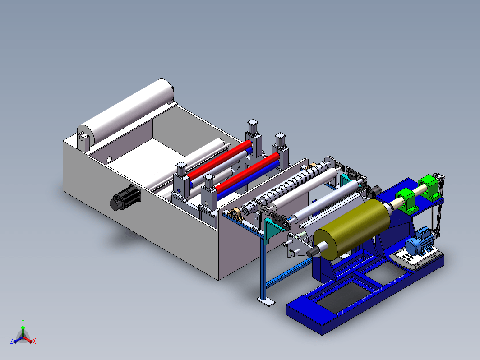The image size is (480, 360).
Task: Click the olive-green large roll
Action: click(352, 229)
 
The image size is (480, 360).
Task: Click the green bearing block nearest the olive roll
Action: click(407, 201)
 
